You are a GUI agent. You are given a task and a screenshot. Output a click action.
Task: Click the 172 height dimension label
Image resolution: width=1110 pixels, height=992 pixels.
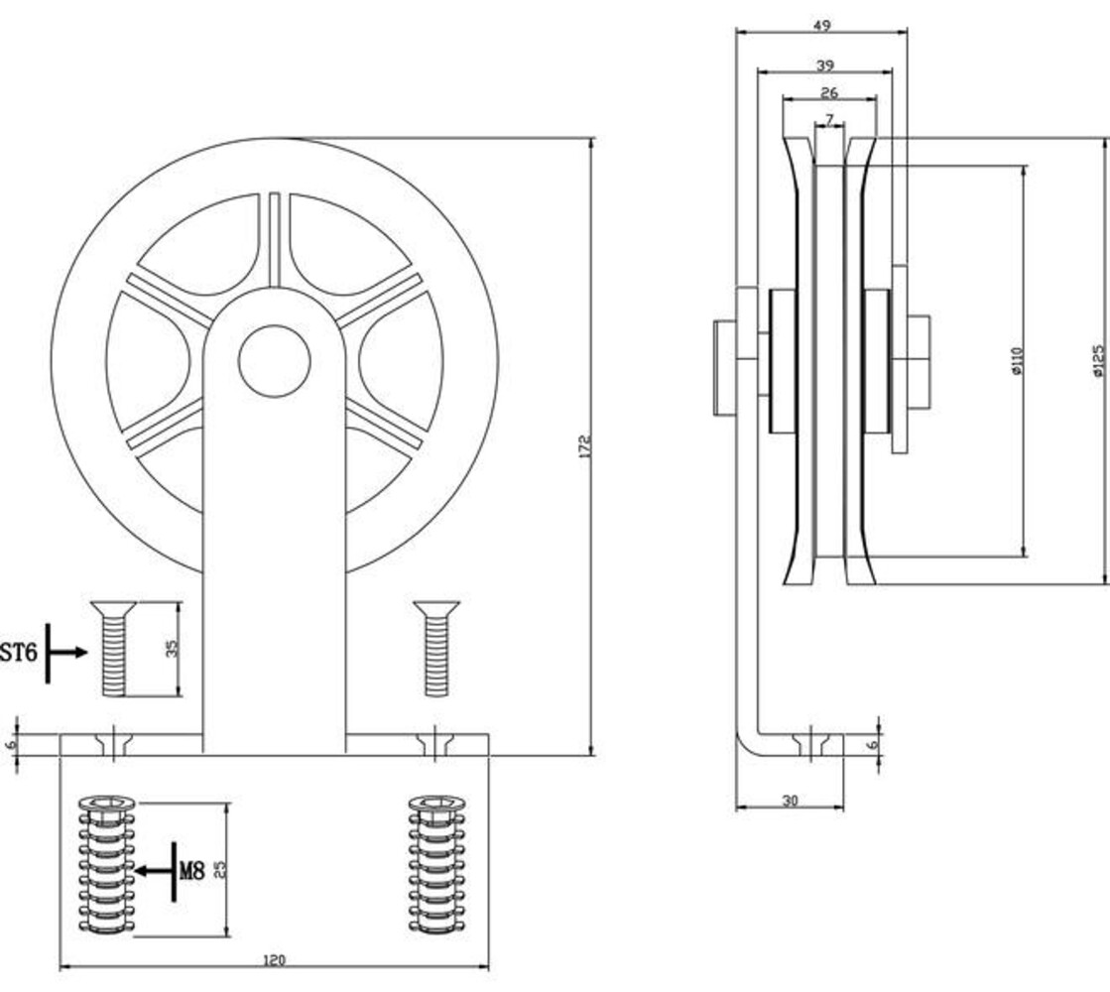coord(584,446)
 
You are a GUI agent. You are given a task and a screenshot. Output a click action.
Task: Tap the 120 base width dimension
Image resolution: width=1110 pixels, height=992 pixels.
coord(274,960)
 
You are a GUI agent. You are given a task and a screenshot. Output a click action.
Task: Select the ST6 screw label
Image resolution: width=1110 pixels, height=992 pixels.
coord(19,652)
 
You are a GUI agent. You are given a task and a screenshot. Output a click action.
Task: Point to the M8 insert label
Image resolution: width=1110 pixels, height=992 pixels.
coord(191,870)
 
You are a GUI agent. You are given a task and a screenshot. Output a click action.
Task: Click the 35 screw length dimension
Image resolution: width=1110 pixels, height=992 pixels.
coord(172,648)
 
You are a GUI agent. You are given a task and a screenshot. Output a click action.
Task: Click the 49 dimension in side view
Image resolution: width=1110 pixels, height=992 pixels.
coord(821,26)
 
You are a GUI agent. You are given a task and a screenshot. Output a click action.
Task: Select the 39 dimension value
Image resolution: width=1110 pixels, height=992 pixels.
coord(824,65)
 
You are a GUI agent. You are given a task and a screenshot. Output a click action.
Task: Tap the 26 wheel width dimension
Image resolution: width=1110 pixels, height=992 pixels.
coord(829,92)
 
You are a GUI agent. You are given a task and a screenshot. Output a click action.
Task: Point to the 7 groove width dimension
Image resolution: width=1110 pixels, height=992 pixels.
coord(829,119)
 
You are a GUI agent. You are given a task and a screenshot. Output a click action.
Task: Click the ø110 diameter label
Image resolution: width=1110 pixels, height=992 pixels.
coord(1018,360)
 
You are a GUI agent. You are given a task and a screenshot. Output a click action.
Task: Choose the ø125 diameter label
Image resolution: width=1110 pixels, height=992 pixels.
coord(1099,360)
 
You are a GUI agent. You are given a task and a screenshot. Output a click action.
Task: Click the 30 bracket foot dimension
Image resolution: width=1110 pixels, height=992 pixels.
coord(790,801)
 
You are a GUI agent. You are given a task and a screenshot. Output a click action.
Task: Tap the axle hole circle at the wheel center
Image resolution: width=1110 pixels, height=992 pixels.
coord(274,360)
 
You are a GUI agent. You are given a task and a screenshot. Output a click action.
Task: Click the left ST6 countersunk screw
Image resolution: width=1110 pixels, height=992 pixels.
coord(113,648)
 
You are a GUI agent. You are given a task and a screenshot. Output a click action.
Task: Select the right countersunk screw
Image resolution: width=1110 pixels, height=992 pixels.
coord(436,648)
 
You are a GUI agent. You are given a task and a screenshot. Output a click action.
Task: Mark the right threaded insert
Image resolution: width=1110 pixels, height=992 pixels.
coord(436,865)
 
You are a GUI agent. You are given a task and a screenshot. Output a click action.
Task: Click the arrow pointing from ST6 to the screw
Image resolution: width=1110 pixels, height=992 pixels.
coord(66,652)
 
